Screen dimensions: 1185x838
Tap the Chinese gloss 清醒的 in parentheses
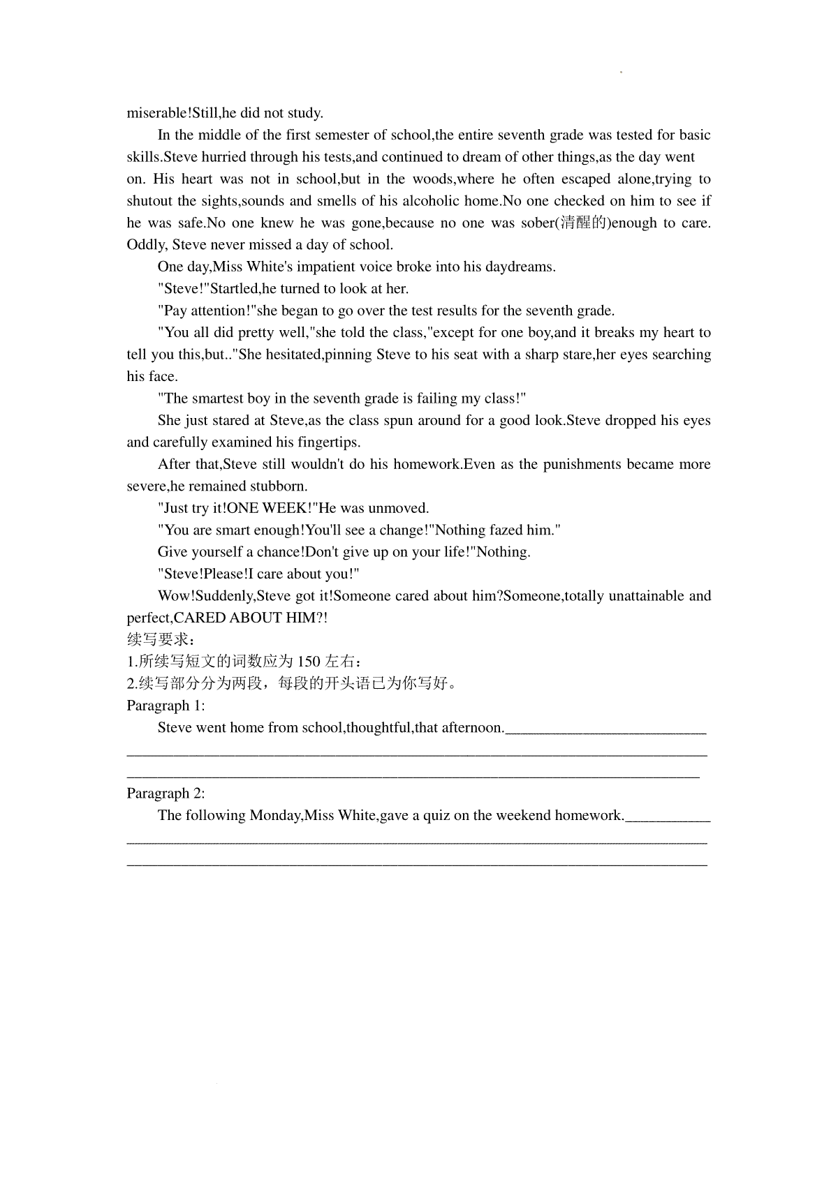[583, 223]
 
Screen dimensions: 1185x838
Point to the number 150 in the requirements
[309, 662]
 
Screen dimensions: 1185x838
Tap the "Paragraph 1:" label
[166, 706]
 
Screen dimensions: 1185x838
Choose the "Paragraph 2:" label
[166, 793]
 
